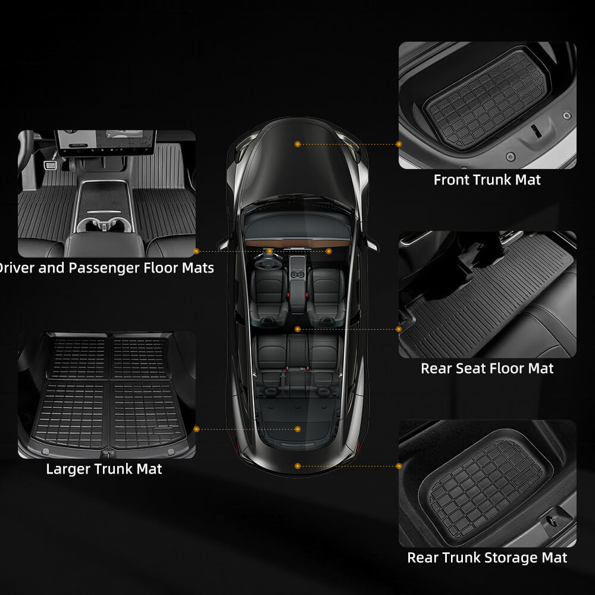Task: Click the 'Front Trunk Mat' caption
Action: pyautogui.click(x=487, y=179)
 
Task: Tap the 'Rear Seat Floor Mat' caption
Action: pyautogui.click(x=487, y=368)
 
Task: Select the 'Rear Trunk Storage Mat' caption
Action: pyautogui.click(x=487, y=558)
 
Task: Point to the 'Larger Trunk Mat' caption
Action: pyautogui.click(x=104, y=469)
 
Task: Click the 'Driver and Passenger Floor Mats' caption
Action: pyautogui.click(x=106, y=268)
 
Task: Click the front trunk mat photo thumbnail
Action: pyautogui.click(x=487, y=105)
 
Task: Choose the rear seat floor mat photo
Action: pyautogui.click(x=487, y=295)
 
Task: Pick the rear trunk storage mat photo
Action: pyautogui.click(x=487, y=483)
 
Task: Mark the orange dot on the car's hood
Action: pyautogui.click(x=297, y=144)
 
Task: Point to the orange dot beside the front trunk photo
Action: pyautogui.click(x=398, y=144)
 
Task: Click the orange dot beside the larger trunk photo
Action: pyautogui.click(x=197, y=428)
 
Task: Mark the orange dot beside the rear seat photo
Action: pyautogui.click(x=398, y=328)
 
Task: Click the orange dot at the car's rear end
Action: pyautogui.click(x=297, y=466)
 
